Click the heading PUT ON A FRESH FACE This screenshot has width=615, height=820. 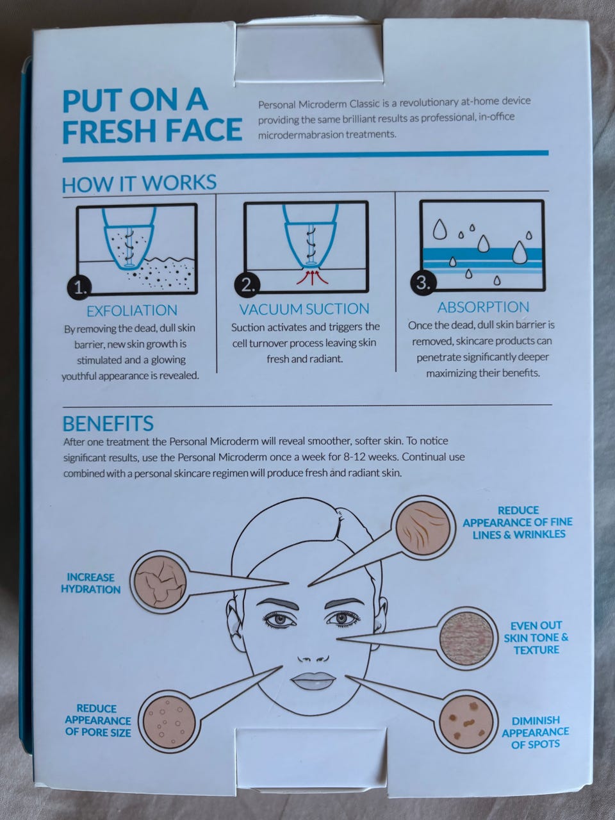(x=152, y=116)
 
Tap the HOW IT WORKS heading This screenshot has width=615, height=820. (x=139, y=183)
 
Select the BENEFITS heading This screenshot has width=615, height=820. (x=108, y=423)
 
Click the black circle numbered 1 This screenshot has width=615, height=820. (x=80, y=288)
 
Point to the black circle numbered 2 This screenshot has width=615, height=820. (x=247, y=286)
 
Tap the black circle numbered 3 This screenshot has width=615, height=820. (x=423, y=284)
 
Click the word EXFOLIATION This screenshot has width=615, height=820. (x=132, y=311)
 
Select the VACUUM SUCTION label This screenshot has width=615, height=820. (x=304, y=309)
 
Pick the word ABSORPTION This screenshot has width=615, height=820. (x=483, y=307)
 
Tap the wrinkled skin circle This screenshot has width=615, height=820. (x=422, y=527)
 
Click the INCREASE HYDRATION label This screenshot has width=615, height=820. (x=91, y=583)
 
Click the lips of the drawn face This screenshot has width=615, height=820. (x=313, y=682)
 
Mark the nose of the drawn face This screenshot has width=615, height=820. (x=313, y=658)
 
